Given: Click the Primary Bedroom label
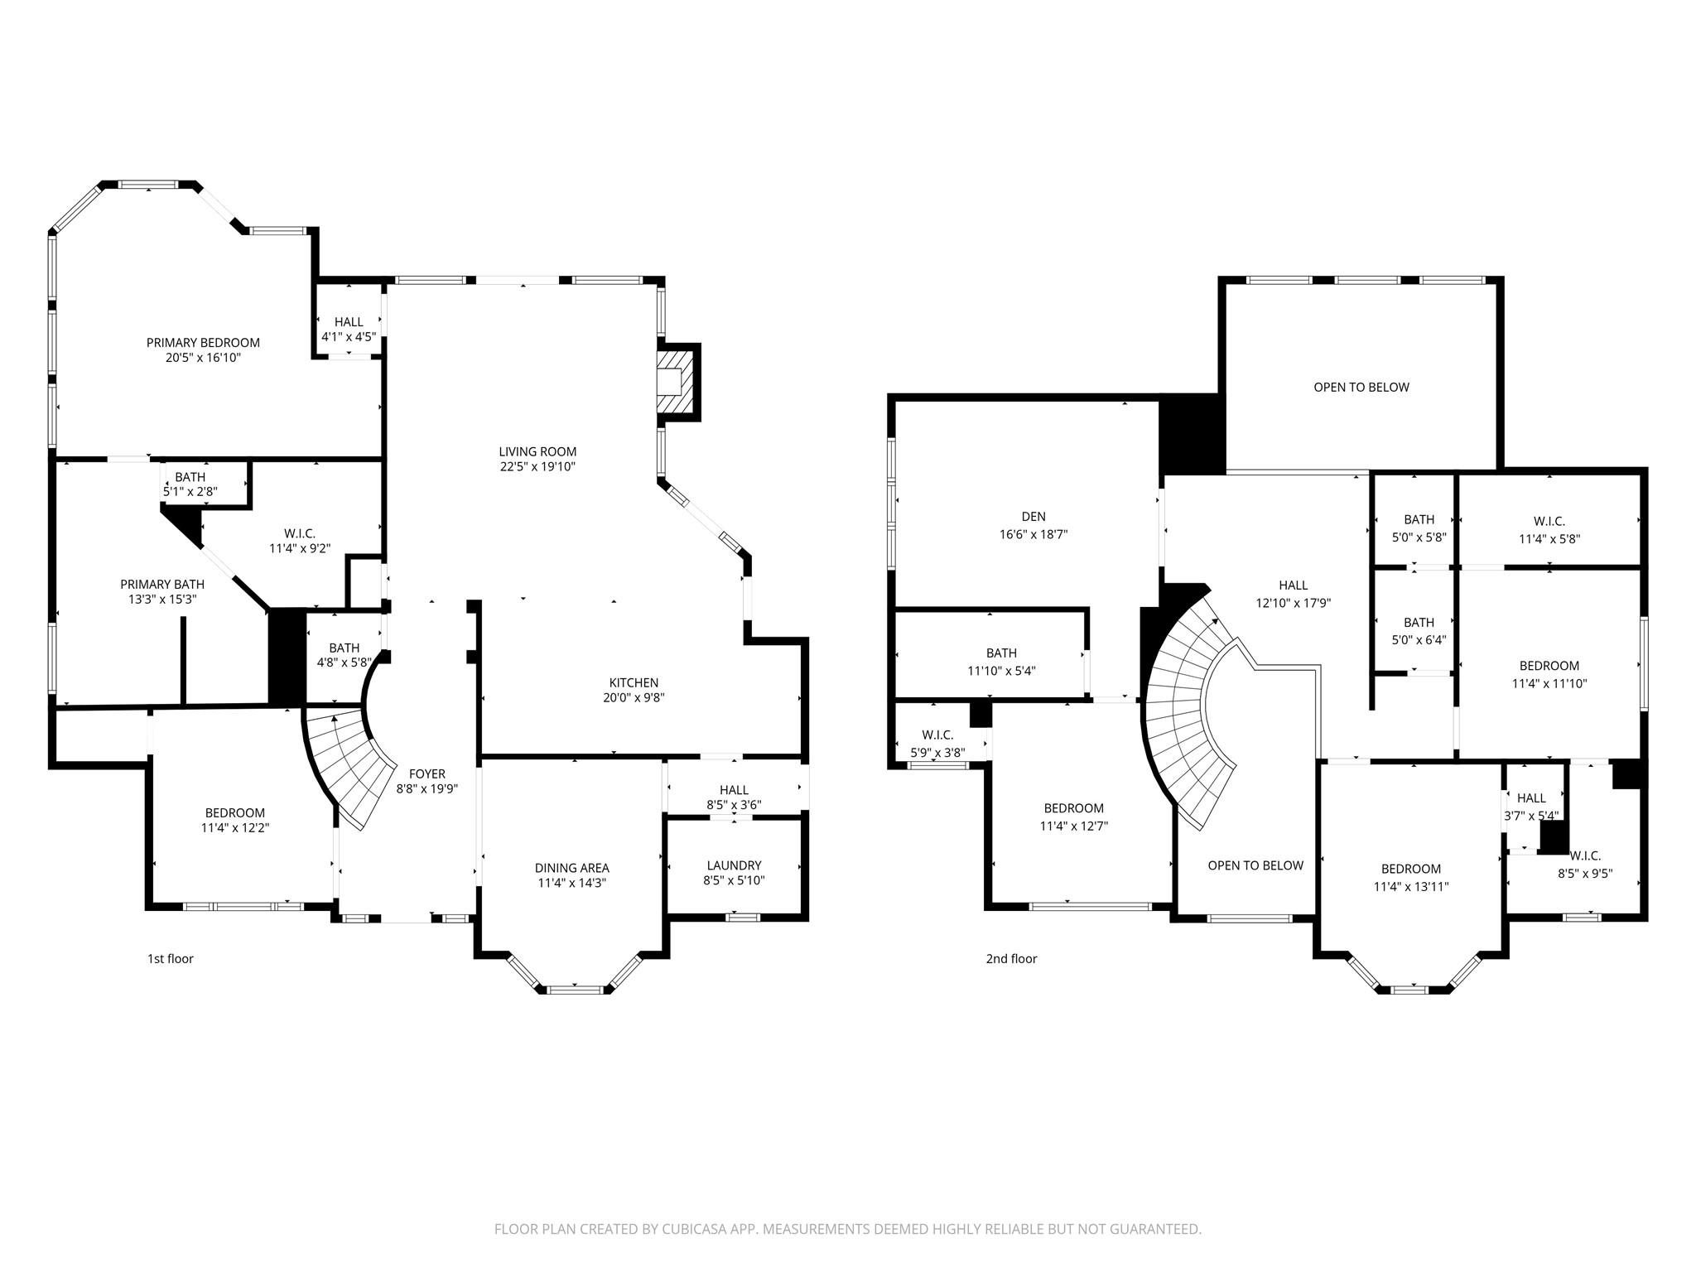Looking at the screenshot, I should point(203,343).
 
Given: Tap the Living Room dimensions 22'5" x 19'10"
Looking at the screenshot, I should point(537,467).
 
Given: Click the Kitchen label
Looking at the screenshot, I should point(634,683).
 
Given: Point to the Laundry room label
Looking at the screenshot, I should point(734,865).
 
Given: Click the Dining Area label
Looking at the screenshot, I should point(571,868).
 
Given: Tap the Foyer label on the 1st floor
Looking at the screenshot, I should point(426,774).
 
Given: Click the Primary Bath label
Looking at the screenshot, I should point(162,585).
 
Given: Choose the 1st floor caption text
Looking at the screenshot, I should point(171,959).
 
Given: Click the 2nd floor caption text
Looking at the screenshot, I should point(1011,959).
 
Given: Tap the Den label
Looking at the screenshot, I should point(1033,517).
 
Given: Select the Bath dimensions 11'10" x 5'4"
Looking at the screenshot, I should point(1001,672).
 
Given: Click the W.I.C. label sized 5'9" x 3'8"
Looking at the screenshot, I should point(937,735).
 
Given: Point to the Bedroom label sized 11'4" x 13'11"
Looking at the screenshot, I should point(1411,869).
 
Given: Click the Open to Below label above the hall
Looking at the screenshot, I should point(1361,388).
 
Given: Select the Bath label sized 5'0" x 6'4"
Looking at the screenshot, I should point(1419,623).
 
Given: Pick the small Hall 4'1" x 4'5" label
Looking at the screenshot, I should point(349,322).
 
